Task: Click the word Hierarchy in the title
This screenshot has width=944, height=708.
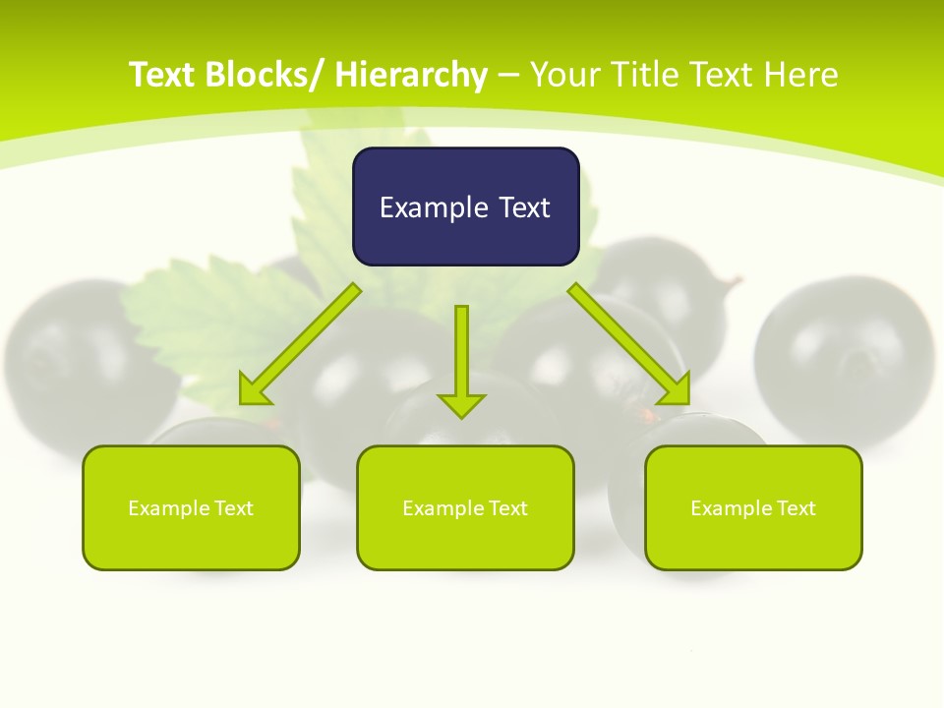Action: (411, 76)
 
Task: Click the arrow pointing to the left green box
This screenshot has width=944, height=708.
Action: (301, 344)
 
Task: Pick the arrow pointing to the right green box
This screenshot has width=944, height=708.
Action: (629, 344)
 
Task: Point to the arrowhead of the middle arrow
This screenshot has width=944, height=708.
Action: (462, 404)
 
